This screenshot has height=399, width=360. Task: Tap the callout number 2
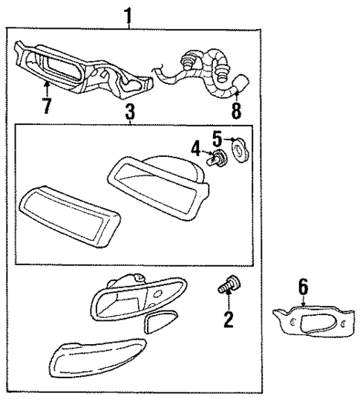tap(228, 319)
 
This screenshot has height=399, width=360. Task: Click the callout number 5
tap(216, 138)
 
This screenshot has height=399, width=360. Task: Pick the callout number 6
tap(304, 285)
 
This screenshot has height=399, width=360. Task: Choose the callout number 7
tap(47, 105)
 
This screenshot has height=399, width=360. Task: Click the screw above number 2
tap(227, 286)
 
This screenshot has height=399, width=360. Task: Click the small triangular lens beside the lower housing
tap(158, 322)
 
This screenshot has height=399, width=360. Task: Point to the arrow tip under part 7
tap(45, 87)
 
